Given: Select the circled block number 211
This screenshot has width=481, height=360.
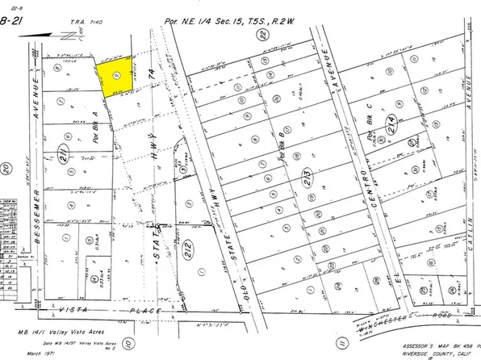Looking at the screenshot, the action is pos(66,150).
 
